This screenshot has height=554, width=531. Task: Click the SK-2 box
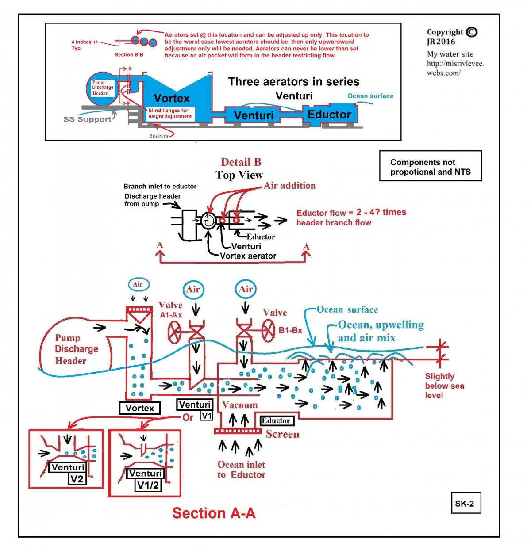click(x=465, y=503)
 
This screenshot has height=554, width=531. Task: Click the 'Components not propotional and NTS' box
click(x=430, y=167)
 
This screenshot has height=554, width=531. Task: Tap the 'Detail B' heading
click(x=241, y=162)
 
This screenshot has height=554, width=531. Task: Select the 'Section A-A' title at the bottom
click(x=214, y=513)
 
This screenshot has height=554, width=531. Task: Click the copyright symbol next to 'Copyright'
click(x=472, y=32)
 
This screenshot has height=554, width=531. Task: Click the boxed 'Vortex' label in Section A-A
click(x=140, y=408)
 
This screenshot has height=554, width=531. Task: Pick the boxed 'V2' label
click(x=77, y=479)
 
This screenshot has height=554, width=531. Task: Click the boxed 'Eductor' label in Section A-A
click(x=276, y=420)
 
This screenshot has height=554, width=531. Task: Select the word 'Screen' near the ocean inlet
click(x=282, y=434)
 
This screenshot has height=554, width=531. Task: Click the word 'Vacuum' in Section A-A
click(x=240, y=405)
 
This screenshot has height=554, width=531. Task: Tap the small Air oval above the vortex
click(x=138, y=284)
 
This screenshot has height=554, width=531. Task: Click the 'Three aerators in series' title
click(x=293, y=81)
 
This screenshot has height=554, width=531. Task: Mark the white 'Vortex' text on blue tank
click(x=172, y=98)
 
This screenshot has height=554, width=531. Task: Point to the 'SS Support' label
click(x=87, y=119)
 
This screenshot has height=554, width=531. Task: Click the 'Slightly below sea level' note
click(x=444, y=386)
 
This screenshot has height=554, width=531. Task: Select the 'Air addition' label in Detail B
click(x=289, y=186)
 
